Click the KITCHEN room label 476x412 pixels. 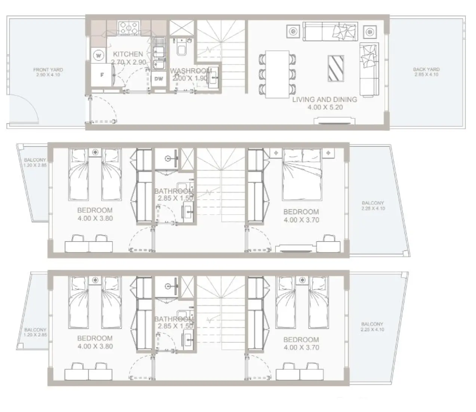128,54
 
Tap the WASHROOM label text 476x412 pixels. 191,71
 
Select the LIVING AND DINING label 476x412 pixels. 324,100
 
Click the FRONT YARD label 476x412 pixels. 48,70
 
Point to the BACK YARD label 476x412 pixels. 426,69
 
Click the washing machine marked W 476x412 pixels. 99,56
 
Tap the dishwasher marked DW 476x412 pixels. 159,79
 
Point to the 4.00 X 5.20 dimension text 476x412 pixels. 324,107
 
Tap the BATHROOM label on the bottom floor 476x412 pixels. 174,319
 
